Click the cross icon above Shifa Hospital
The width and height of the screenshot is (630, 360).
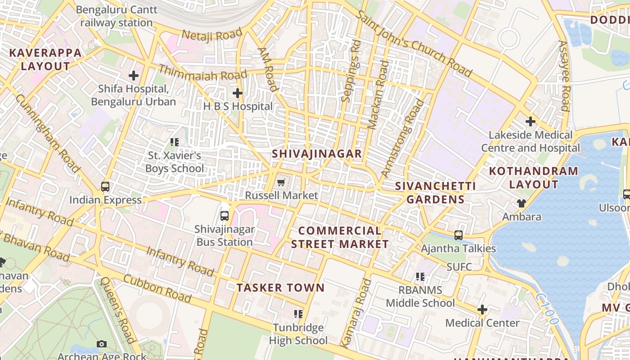point(134,76)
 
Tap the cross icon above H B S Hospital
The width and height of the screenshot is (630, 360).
point(237,93)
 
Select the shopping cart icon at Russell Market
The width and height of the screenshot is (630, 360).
point(281,182)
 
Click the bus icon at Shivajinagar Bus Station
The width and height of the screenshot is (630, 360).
point(225,216)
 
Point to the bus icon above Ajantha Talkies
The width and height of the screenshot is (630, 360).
point(458,235)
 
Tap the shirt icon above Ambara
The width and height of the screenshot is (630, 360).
point(522,203)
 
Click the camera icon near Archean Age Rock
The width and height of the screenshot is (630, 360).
point(102,344)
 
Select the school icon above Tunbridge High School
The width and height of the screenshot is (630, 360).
point(298,314)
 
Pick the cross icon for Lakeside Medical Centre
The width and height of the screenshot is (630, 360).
point(531,121)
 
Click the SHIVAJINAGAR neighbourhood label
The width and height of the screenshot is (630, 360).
point(317,154)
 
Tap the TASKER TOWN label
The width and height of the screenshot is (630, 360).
point(280,288)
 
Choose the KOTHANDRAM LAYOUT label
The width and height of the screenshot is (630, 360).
point(533,178)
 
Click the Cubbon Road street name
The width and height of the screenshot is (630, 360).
point(157,288)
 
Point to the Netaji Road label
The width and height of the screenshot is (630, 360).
point(211,35)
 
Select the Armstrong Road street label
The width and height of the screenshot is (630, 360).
point(403,138)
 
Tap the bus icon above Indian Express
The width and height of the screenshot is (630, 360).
point(105,187)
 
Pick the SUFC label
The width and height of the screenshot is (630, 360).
point(459,267)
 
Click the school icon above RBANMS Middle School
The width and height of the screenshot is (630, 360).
point(420,277)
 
